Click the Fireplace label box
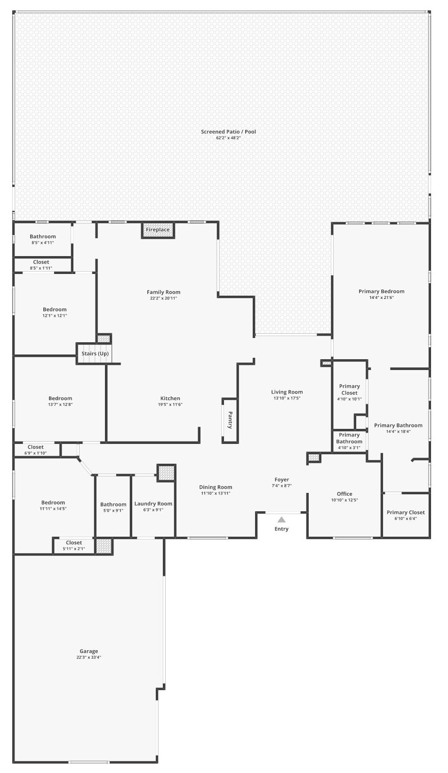pyautogui.click(x=158, y=230)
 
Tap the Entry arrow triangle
pyautogui.click(x=282, y=519)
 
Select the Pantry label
pyautogui.click(x=230, y=420)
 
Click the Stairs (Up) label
pyautogui.click(x=95, y=354)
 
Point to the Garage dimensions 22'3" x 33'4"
pyautogui.click(x=88, y=657)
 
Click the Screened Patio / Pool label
pyautogui.click(x=229, y=131)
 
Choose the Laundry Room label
pyautogui.click(x=153, y=503)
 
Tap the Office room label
pyautogui.click(x=344, y=494)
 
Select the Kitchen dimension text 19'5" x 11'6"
pyautogui.click(x=170, y=404)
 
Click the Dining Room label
pyautogui.click(x=216, y=487)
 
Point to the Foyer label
pyautogui.click(x=282, y=480)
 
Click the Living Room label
pyautogui.click(x=287, y=392)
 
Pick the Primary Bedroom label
pyautogui.click(x=382, y=291)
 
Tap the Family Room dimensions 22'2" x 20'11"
pyautogui.click(x=163, y=298)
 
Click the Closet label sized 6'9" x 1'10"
pyautogui.click(x=35, y=447)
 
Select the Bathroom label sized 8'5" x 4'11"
pyautogui.click(x=43, y=236)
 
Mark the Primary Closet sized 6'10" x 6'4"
pyautogui.click(x=406, y=513)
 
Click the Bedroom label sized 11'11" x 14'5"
pyautogui.click(x=53, y=502)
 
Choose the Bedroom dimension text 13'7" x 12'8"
pyautogui.click(x=60, y=404)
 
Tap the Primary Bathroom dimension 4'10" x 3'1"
pyautogui.click(x=349, y=448)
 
